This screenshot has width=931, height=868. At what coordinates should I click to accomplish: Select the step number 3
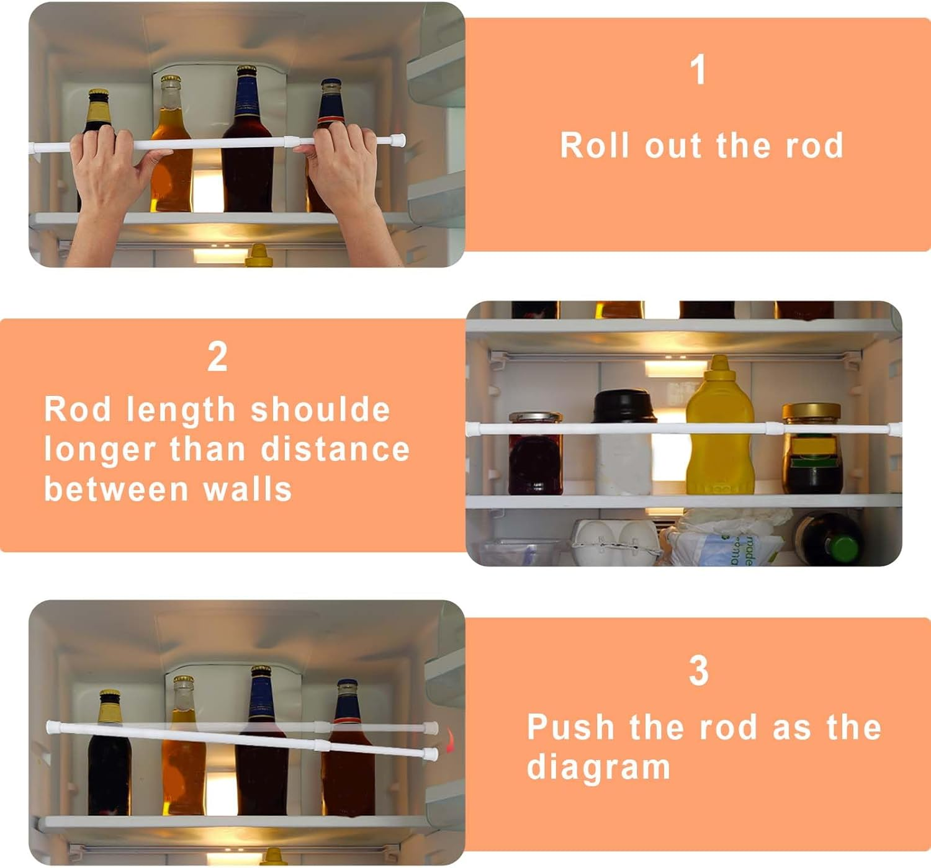tap(698, 671)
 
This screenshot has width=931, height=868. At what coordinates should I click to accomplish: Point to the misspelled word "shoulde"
tap(320, 409)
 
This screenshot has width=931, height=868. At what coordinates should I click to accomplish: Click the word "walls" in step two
tap(248, 489)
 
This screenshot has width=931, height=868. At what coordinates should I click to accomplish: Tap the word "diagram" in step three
tap(598, 767)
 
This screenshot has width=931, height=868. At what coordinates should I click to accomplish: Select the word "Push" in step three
tap(570, 727)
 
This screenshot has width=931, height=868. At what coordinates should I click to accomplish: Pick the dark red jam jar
tap(535, 456)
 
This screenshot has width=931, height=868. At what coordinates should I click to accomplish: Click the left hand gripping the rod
tap(106, 168)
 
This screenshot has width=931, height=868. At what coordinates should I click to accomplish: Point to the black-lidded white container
tap(624, 444)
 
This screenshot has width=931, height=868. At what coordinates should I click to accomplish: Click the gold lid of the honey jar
tap(811, 411)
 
